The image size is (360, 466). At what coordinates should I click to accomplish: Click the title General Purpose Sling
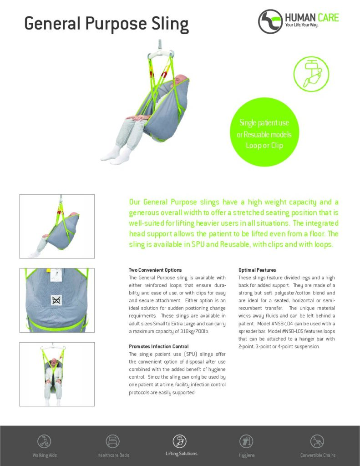coord(106,24)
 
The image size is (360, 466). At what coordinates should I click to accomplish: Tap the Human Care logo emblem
coord(270,21)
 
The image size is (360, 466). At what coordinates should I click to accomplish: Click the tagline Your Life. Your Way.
coord(301,25)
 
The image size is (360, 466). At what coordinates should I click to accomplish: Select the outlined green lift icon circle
coord(311,74)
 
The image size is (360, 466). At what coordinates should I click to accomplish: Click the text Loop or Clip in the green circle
coord(264,146)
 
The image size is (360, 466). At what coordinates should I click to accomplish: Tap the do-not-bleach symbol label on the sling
coord(56,299)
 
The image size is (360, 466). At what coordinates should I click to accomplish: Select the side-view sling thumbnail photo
coord(57,226)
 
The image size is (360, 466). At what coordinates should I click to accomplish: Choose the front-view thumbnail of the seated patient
coord(57,374)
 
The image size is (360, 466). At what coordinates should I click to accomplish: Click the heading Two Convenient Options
coord(155,270)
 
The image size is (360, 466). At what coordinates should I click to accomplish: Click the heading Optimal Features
coord(257,270)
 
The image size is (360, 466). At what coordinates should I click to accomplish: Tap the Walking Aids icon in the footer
coord(44,441)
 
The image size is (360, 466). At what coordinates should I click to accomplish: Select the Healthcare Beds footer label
coord(113,455)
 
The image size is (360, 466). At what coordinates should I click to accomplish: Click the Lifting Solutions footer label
coord(181,454)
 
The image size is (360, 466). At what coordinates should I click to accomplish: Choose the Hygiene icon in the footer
coord(246,441)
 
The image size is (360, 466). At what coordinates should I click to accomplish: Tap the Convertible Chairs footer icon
coord(317,441)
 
